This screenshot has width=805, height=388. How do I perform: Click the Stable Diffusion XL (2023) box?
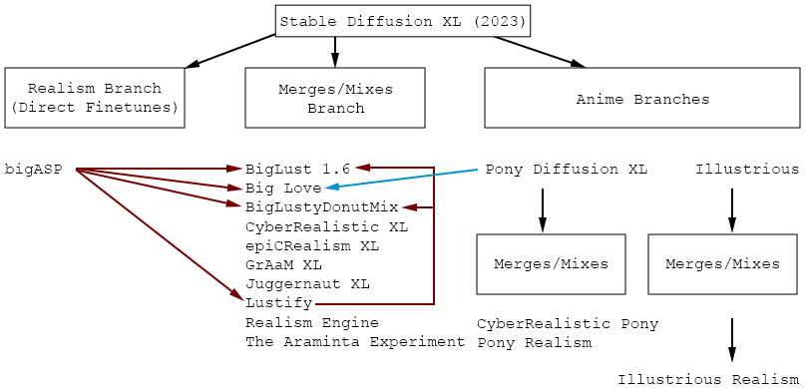click(403, 21)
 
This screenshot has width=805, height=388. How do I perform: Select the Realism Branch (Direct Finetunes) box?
click(94, 98)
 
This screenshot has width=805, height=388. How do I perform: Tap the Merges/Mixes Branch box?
click(335, 98)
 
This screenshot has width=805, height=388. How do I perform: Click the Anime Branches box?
click(642, 98)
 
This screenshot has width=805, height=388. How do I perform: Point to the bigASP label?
click(33, 169)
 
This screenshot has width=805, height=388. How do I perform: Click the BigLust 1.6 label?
click(298, 169)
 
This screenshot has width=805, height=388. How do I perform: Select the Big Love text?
click(283, 188)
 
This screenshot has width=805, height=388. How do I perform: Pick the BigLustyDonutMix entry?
click(321, 206)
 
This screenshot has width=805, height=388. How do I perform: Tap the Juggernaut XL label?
click(307, 284)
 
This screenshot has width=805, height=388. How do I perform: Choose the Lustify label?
click(279, 303)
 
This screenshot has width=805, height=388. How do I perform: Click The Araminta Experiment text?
click(355, 342)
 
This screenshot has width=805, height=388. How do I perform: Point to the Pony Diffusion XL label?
click(566, 169)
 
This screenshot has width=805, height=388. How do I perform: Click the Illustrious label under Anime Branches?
click(747, 169)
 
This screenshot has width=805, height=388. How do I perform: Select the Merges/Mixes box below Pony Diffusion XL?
click(551, 264)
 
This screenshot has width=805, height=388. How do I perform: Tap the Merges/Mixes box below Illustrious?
click(722, 264)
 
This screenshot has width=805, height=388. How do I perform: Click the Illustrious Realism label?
click(708, 379)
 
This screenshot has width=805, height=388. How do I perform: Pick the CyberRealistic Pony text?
click(568, 324)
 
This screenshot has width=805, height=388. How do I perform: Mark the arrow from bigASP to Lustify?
click(160, 235)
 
